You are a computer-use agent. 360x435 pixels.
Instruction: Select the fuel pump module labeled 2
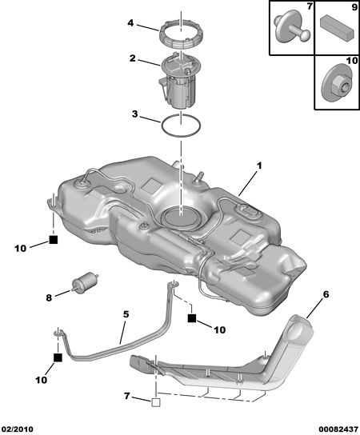coord(180,81)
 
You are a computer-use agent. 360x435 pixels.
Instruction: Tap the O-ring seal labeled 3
coord(162,126)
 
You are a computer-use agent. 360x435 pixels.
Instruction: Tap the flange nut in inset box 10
coord(338,83)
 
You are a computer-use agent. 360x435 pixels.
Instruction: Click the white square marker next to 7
coord(156,402)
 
